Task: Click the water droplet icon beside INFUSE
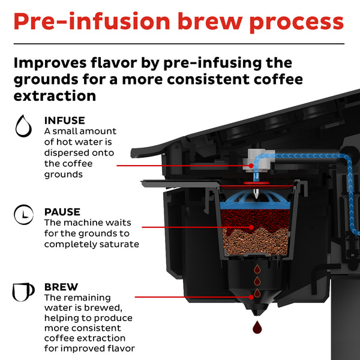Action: pos(23,126)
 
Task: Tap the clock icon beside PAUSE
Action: pos(23,214)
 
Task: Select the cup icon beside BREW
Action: pos(23,292)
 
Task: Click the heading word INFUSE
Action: pos(64,120)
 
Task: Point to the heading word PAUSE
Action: pos(62,212)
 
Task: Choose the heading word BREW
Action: pos(60,287)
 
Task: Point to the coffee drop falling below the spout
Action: pos(259,328)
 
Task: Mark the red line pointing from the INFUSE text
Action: pos(180,164)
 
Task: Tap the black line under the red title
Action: pos(180,44)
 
